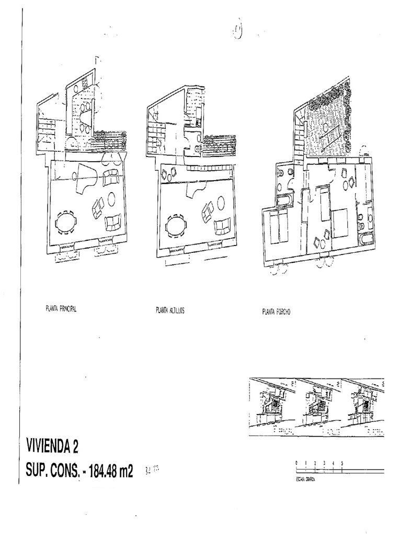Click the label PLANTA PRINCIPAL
click(61, 309)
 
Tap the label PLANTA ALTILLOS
click(170, 310)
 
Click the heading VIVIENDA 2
click(52, 447)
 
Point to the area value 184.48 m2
click(111, 471)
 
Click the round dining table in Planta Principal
click(66, 222)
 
